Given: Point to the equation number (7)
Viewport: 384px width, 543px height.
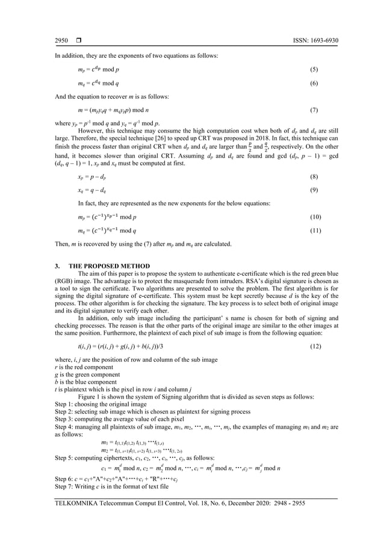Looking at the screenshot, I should pyautogui.click(x=313, y=111).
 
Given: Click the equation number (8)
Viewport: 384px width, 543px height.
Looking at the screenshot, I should pyautogui.click(x=313, y=178).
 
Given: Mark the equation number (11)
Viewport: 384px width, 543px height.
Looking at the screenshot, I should pyautogui.click(x=312, y=231).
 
